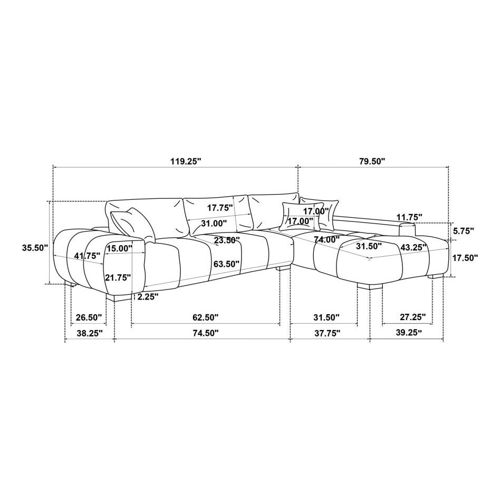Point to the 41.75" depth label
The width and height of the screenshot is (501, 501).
pyautogui.click(x=87, y=256)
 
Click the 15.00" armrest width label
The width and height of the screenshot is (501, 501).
pyautogui.click(x=120, y=248)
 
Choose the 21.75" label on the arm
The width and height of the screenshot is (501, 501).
pyautogui.click(x=118, y=277)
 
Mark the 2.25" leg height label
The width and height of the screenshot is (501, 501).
pyautogui.click(x=148, y=297)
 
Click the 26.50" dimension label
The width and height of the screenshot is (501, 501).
pyautogui.click(x=89, y=317)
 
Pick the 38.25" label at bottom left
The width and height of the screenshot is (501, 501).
pyautogui.click(x=90, y=333)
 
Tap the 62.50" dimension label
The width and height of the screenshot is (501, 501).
pyautogui.click(x=206, y=317)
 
